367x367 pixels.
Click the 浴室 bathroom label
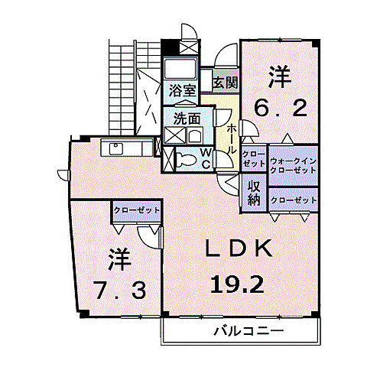tap(183, 90)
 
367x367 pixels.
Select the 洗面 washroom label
tap(187, 119)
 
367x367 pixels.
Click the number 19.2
tap(237, 284)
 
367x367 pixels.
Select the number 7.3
tap(116, 290)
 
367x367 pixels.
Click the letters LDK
tap(238, 249)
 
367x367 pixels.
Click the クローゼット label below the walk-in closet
tap(294, 199)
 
